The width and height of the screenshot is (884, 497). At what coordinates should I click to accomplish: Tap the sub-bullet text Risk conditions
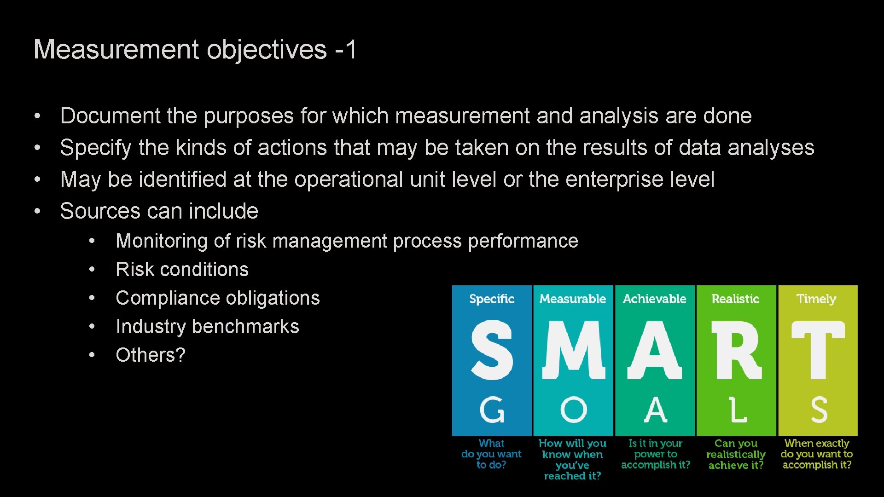[182, 270]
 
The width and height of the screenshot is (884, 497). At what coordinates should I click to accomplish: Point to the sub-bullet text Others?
[150, 355]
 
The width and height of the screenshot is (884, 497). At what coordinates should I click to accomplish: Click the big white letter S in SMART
[492, 350]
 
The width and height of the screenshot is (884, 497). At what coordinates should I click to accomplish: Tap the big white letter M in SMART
[573, 350]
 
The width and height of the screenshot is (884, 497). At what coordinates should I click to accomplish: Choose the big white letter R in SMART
[736, 350]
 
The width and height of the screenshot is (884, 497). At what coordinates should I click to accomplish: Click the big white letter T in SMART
[818, 350]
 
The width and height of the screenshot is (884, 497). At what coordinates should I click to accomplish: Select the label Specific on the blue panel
[492, 299]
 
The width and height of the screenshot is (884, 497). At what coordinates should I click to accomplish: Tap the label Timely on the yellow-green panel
[816, 299]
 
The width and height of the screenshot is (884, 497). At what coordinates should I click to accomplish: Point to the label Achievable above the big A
[654, 299]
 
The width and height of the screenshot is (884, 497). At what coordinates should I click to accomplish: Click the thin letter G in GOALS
[492, 410]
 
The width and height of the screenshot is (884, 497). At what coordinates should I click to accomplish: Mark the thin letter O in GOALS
[573, 410]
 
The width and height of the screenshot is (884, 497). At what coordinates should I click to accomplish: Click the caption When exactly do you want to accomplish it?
[817, 454]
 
